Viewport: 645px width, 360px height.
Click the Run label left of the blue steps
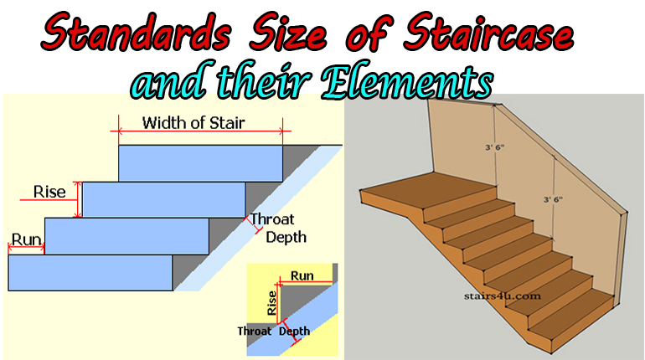27,239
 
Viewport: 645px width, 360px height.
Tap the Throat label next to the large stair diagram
273,220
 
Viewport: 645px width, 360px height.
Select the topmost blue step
200,162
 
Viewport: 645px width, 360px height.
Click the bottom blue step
90,272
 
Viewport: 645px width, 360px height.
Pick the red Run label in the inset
302,275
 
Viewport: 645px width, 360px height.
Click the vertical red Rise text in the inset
271,302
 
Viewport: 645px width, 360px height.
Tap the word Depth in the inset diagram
295,332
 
